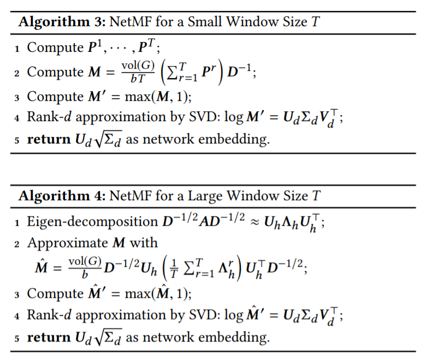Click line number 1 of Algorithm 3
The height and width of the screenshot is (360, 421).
click(x=18, y=49)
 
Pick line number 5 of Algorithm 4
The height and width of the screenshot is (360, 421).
click(x=18, y=338)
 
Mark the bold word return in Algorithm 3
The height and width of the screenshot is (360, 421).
click(x=49, y=140)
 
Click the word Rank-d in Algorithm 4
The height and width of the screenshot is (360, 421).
click(x=47, y=316)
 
